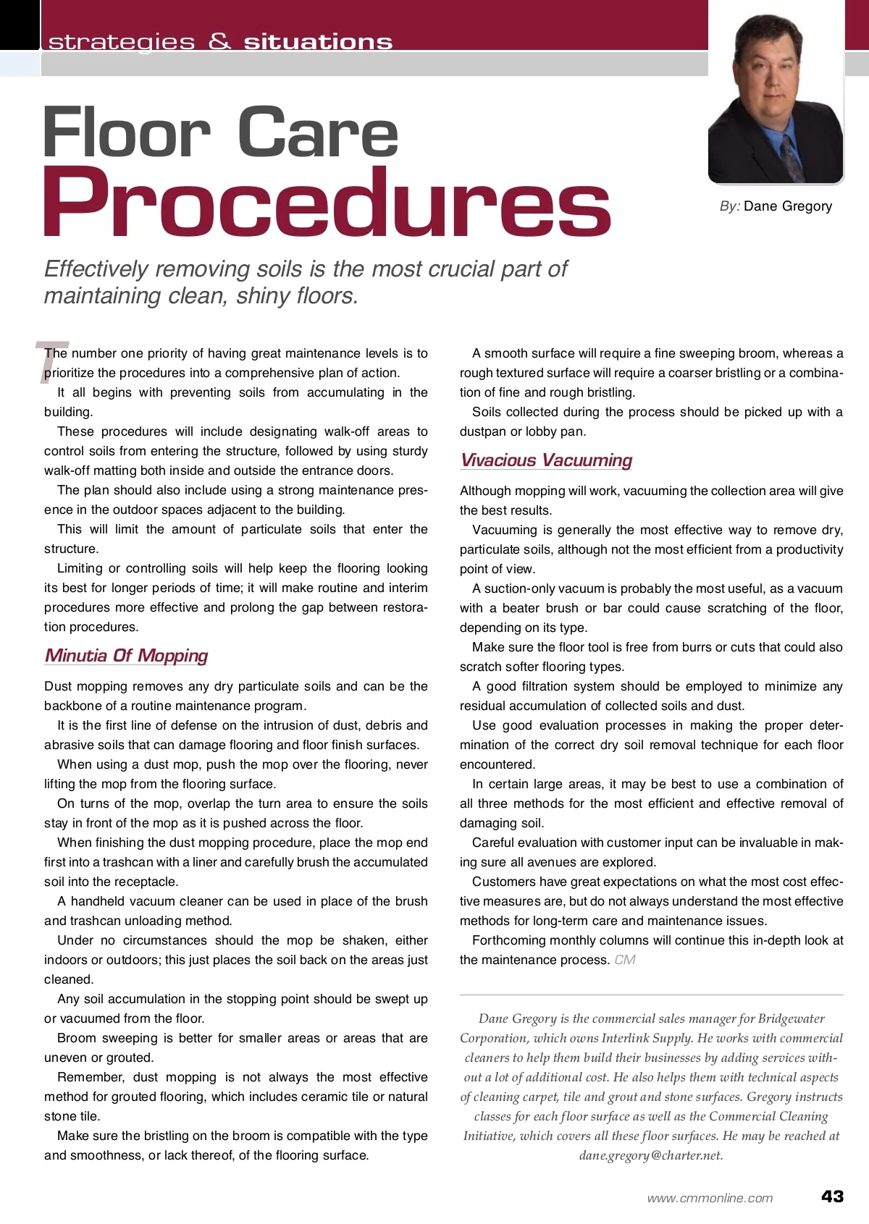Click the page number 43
click(x=832, y=1196)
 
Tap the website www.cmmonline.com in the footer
click(x=710, y=1198)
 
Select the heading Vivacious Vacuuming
click(x=546, y=460)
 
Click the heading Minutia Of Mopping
click(x=126, y=656)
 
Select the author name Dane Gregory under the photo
click(x=788, y=206)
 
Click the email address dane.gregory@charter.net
click(x=651, y=1155)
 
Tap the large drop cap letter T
click(x=51, y=362)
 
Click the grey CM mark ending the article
click(x=625, y=960)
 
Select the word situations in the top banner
click(x=318, y=42)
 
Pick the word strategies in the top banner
click(x=122, y=42)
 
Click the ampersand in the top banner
click(x=219, y=41)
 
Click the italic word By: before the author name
click(x=729, y=206)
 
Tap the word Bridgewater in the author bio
click(x=791, y=1018)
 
